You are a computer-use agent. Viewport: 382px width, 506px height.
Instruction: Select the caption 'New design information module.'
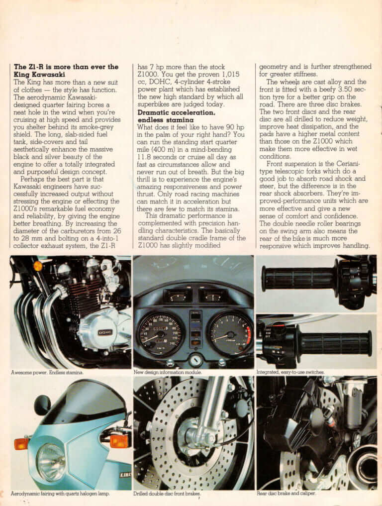[x=168, y=372]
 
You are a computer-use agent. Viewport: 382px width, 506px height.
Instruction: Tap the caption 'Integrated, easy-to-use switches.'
[x=290, y=372]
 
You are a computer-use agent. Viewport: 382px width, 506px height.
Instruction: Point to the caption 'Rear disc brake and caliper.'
[x=286, y=494]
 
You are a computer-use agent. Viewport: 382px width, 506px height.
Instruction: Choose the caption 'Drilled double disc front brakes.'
[x=167, y=494]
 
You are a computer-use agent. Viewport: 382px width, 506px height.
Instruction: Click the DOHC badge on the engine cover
[x=104, y=332]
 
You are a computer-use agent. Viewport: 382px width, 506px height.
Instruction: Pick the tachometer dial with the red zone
[x=229, y=332]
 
